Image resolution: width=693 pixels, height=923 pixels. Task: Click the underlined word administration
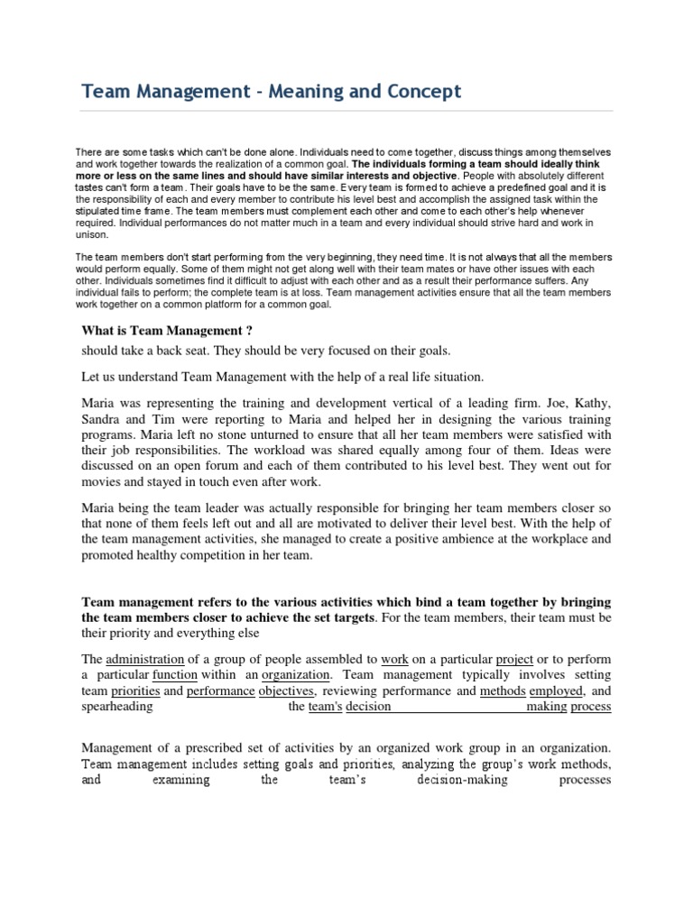point(145,658)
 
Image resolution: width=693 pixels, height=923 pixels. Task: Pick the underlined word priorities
point(135,691)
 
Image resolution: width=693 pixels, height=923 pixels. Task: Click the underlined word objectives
point(287,691)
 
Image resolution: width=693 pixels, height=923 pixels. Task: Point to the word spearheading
point(117,708)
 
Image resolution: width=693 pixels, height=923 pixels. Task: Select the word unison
point(91,233)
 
